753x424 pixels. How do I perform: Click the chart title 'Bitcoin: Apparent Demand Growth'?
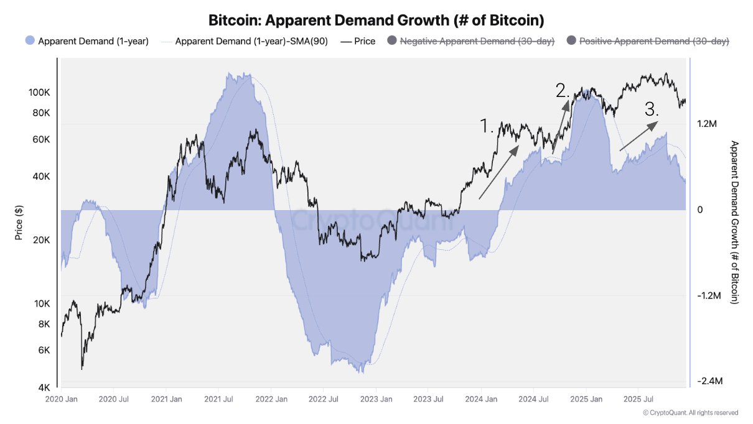click(376, 20)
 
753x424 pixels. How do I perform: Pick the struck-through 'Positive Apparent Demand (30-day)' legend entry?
click(654, 41)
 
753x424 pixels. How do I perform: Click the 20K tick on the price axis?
click(40, 240)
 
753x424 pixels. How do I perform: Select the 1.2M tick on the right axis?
click(707, 124)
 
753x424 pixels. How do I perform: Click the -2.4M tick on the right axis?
click(709, 381)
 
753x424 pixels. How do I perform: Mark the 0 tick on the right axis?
click(700, 210)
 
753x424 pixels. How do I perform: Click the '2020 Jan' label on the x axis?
click(62, 399)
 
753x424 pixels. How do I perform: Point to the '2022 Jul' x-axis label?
click(324, 399)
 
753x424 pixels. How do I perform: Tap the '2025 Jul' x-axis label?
click(637, 399)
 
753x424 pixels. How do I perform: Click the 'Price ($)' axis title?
click(18, 221)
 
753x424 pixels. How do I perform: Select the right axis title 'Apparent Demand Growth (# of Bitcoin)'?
click(734, 222)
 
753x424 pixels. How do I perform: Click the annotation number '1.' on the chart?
click(487, 126)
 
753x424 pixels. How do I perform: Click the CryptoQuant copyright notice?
click(690, 413)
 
